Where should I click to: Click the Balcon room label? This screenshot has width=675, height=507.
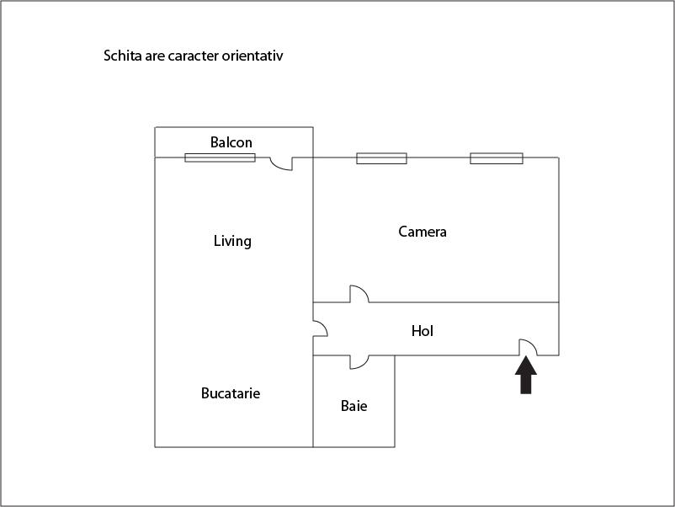tap(231, 142)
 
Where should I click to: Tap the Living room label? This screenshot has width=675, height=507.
tap(232, 241)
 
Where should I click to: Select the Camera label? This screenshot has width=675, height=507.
tap(423, 232)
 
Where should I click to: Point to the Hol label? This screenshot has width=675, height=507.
tap(423, 331)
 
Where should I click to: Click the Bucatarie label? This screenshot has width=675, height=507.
tap(231, 393)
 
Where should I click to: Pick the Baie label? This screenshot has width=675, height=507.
tap(353, 406)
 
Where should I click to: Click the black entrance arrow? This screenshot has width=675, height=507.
tap(526, 375)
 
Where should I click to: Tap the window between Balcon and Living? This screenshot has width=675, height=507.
tap(220, 157)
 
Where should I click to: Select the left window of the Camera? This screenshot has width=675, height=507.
tap(381, 158)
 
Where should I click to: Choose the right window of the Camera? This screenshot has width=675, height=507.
tap(497, 158)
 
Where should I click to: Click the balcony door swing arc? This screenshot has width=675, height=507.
tap(281, 163)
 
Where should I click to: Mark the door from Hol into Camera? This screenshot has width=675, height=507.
tap(359, 294)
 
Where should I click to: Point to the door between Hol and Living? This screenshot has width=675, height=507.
tap(321, 328)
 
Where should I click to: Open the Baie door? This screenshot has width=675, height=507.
tap(359, 362)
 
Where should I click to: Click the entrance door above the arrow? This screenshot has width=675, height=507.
tap(528, 347)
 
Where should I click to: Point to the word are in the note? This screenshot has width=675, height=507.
tap(155, 56)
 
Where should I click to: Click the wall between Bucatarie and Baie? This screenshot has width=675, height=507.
tap(313, 401)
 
